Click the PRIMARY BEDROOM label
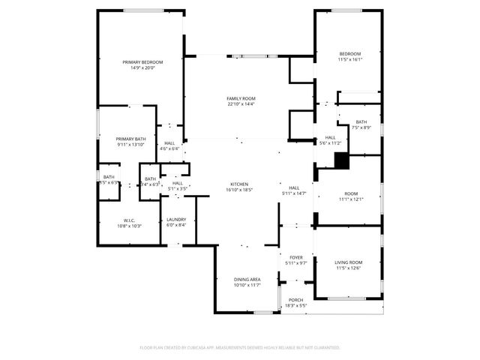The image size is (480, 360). click(x=142, y=61)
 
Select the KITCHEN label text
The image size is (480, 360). click(x=239, y=184)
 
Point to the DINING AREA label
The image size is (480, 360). click(x=245, y=279)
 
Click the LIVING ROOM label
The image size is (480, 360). click(x=349, y=262)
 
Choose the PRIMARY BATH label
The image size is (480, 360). click(x=130, y=139)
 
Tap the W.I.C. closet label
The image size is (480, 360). click(x=108, y=220)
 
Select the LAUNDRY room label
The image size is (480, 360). click(x=176, y=220)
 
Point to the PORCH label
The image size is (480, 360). click(x=296, y=300)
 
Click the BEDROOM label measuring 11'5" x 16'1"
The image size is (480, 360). click(x=350, y=54)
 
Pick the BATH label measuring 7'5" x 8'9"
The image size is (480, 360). click(x=361, y=122)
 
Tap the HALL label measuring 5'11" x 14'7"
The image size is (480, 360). click(x=294, y=188)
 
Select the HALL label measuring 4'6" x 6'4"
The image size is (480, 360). click(x=169, y=143)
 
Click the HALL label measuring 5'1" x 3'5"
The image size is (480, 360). click(x=177, y=183)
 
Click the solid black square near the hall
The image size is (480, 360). click(x=341, y=160)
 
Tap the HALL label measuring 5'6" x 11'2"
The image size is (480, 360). click(x=330, y=138)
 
